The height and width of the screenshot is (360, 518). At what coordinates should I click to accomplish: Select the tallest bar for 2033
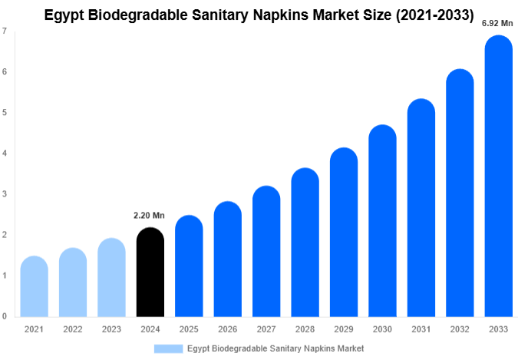(498, 177)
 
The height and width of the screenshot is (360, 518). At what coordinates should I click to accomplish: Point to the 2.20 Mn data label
(149, 215)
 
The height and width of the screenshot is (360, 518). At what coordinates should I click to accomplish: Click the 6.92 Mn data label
(497, 23)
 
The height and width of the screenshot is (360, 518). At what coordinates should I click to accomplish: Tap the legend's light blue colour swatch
(168, 348)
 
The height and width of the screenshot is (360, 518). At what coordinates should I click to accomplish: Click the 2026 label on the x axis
(227, 329)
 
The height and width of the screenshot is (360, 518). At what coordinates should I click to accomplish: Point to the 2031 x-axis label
(421, 329)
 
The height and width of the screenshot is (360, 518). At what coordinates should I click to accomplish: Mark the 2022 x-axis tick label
(72, 329)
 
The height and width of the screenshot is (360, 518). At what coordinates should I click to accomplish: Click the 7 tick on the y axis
(5, 31)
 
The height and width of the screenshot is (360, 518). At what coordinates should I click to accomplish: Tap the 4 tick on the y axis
(5, 154)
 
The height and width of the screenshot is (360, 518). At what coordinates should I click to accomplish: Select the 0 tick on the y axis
(5, 316)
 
